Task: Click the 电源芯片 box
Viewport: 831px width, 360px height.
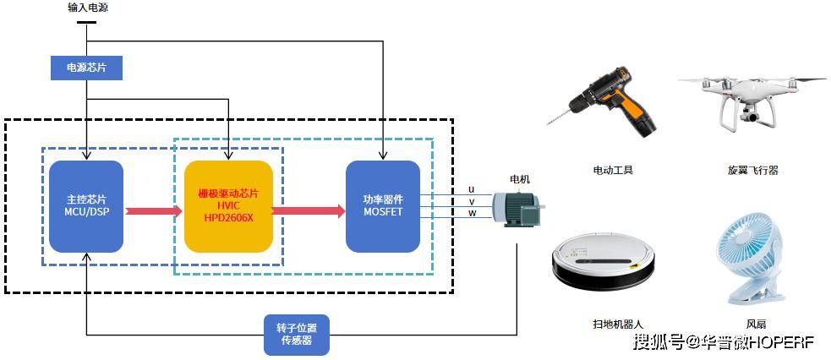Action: [x=86, y=68]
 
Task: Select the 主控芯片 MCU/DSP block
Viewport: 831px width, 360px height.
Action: [x=86, y=206]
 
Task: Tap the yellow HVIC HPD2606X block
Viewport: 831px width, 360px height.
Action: [x=228, y=206]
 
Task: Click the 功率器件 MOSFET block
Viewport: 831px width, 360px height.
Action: [x=383, y=206]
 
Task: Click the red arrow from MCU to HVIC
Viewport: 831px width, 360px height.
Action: [x=154, y=210]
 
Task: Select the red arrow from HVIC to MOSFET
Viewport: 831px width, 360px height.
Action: [x=309, y=210]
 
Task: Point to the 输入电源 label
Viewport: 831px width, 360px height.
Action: [x=88, y=8]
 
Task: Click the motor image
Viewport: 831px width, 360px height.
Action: [x=517, y=209]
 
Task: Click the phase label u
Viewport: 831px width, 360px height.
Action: [x=471, y=189]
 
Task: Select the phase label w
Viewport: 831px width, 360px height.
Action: [x=471, y=213]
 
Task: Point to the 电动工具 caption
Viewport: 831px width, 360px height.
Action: [x=612, y=170]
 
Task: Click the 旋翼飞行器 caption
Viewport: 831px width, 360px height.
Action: [x=752, y=170]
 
